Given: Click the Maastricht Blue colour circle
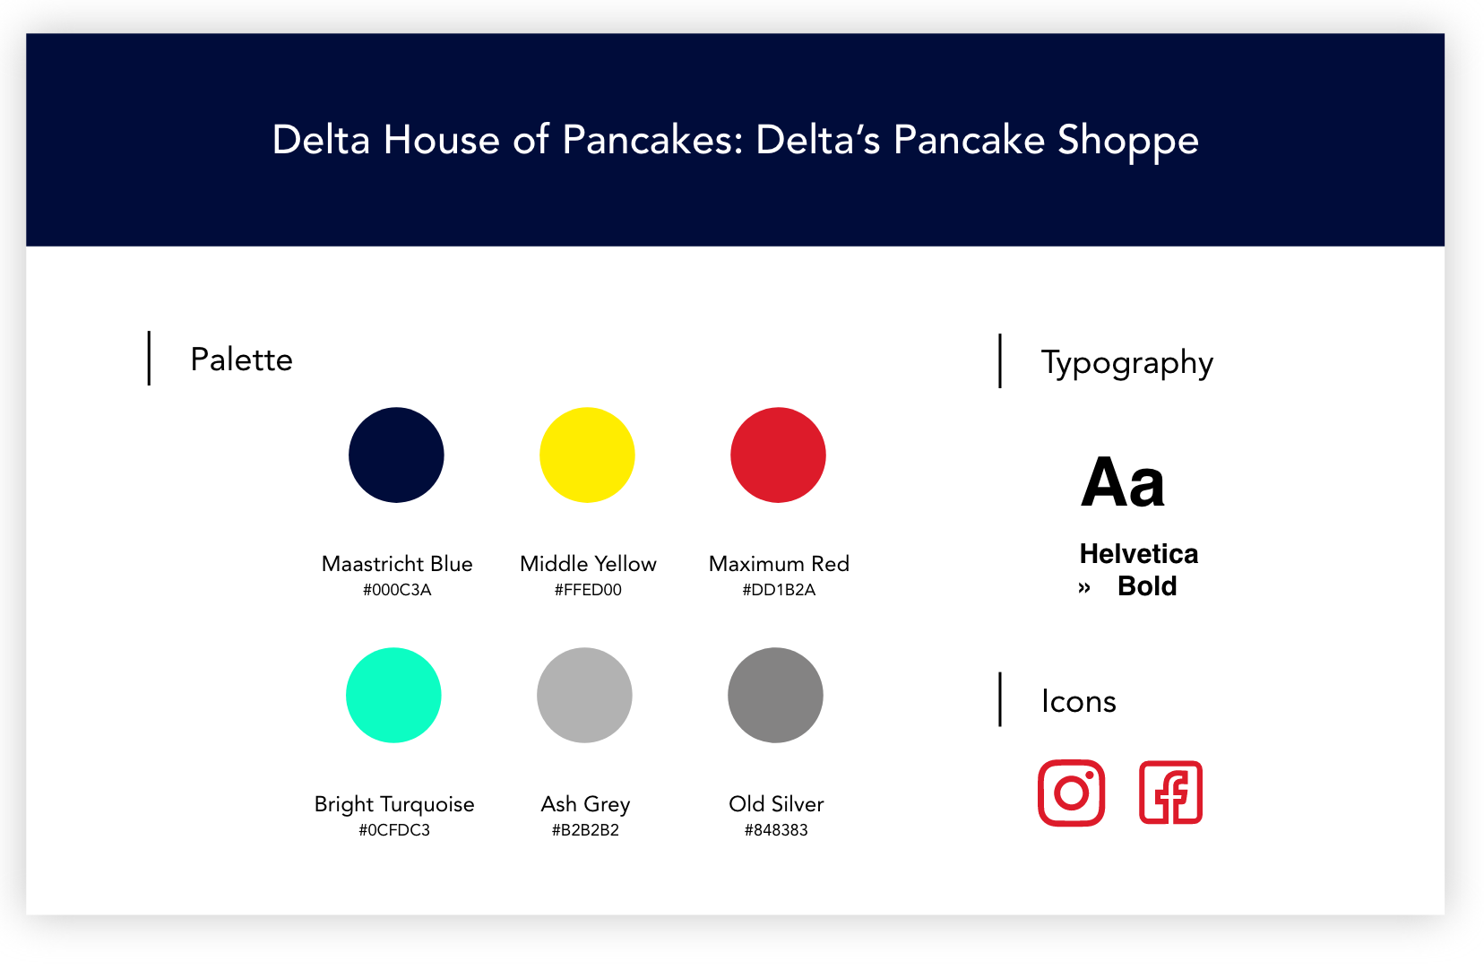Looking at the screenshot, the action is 396,455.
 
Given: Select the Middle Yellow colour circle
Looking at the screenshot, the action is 587,455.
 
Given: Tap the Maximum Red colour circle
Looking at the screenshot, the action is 778,455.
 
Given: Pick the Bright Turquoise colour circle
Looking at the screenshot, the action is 393,695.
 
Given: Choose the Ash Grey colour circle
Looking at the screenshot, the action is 584,695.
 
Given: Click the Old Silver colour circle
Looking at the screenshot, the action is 775,695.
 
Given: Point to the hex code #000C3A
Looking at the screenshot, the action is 397,590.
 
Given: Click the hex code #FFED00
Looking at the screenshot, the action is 588,590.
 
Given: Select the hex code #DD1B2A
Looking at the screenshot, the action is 779,590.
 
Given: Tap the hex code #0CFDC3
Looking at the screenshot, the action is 394,830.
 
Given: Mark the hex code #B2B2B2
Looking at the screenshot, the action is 585,830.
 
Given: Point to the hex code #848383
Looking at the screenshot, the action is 776,830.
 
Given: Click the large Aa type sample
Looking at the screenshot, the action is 1122,481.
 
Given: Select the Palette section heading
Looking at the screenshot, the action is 241,360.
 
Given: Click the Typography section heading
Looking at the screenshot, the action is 1127,364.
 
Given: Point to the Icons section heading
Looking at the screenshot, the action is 1079,701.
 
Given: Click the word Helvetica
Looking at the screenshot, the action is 1139,553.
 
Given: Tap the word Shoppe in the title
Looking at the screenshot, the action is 1127,142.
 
